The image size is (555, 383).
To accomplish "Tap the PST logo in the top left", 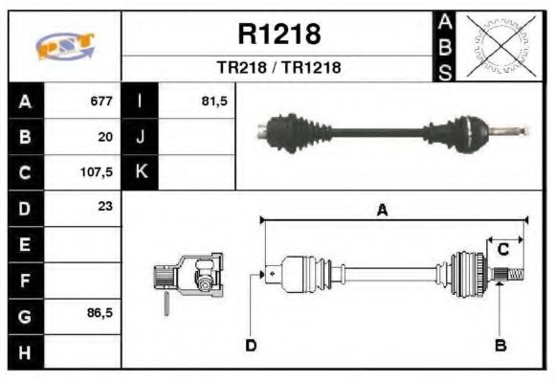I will [65, 46].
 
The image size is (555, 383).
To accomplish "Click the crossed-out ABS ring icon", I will [497, 45].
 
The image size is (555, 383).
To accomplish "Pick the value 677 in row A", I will [101, 101].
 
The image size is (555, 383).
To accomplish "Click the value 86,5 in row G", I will [99, 314].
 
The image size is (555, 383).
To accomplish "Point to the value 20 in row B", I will [105, 137].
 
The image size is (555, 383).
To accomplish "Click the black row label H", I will [26, 351].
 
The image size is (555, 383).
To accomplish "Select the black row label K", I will [141, 173].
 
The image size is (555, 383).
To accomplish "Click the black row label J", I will [141, 137].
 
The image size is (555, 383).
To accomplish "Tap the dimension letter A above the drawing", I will [382, 211].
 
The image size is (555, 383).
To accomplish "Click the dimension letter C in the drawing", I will [502, 249].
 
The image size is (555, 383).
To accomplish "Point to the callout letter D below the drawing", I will [251, 345].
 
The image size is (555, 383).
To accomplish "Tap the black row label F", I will [26, 281].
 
